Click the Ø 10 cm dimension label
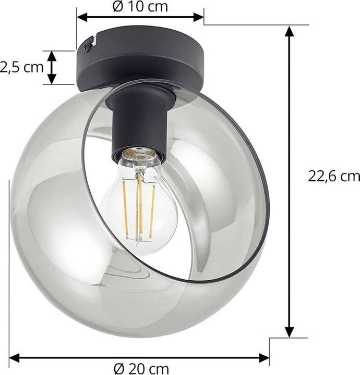[x=140, y=7]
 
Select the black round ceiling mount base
[x=141, y=57]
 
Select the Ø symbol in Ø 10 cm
[x=117, y=7]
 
